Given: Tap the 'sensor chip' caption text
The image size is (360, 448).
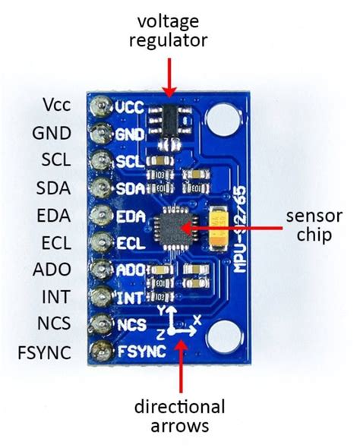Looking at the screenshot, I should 308,226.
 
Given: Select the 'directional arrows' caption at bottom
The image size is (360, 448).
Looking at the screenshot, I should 180,416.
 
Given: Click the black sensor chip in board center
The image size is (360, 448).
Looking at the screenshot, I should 175,226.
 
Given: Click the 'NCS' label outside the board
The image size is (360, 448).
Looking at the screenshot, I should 52,324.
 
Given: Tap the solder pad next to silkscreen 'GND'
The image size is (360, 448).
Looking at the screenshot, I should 99,134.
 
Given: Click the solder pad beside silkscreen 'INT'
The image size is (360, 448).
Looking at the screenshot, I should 99,296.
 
